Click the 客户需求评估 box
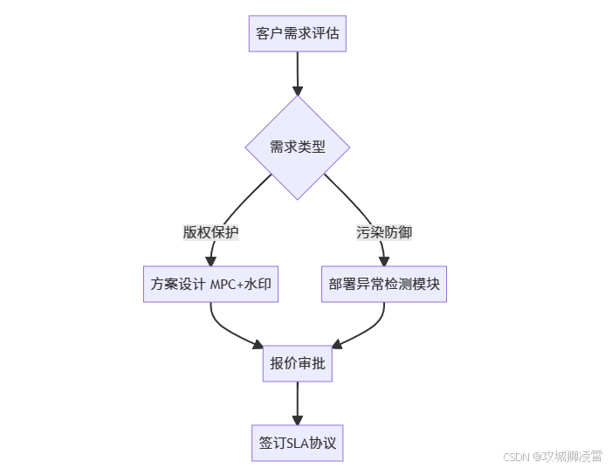point(298,34)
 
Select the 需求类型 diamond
point(298,147)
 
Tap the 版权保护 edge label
point(210,232)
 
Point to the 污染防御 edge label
point(384,232)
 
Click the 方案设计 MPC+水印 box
point(210,284)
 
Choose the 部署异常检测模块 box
point(384,284)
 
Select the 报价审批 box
point(298,363)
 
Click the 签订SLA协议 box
point(298,443)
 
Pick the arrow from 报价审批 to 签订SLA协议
point(298,402)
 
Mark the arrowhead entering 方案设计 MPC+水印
point(210,260)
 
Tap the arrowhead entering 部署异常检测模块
point(384,260)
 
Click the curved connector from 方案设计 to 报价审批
point(229,332)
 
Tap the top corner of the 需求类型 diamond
point(298,97)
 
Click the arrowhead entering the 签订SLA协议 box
point(298,419)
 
